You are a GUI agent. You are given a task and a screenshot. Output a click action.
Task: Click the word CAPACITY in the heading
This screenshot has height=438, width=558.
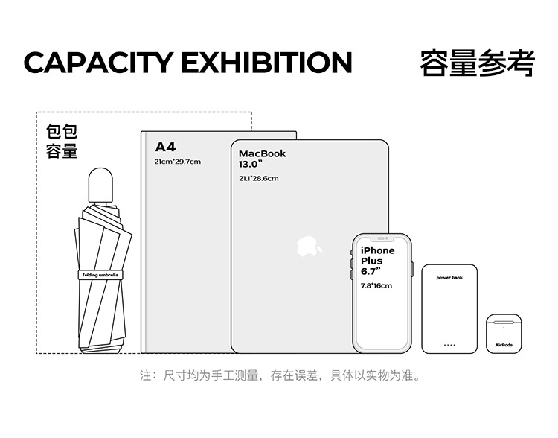[x=97, y=63]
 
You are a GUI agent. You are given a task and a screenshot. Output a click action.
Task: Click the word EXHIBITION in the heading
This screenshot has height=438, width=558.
[x=266, y=63]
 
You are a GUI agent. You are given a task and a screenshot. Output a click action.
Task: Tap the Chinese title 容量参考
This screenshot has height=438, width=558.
[x=477, y=63]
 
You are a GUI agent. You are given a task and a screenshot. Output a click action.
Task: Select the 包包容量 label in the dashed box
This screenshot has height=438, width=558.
[x=62, y=142]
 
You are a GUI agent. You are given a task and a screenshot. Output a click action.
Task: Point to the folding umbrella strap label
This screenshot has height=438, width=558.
[x=100, y=275]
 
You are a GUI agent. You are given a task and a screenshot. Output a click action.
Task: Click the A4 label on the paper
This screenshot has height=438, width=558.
[x=165, y=147]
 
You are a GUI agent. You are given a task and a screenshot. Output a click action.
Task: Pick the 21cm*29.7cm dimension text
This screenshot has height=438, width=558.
[x=177, y=162]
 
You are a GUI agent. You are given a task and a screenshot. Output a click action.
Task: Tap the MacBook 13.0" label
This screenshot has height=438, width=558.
[x=262, y=159]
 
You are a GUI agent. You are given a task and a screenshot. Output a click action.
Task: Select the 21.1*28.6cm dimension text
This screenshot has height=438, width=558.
[x=258, y=179]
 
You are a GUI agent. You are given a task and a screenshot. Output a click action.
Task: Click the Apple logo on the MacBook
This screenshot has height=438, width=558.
[x=309, y=246]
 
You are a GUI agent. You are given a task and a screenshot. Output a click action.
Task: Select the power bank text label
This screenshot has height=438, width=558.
[x=449, y=277]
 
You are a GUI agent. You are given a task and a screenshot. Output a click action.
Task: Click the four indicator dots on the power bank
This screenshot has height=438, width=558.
[x=449, y=344]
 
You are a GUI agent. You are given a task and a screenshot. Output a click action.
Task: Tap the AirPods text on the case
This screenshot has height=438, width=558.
[x=504, y=345]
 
